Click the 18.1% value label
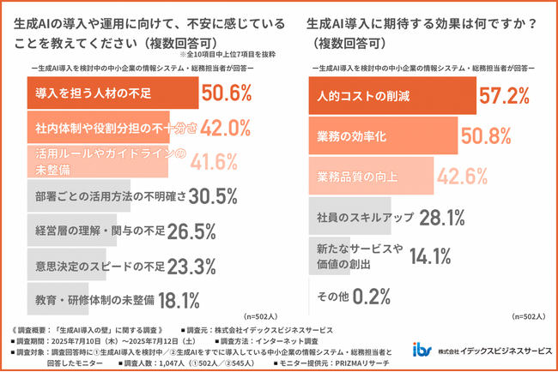pos(179,300)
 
